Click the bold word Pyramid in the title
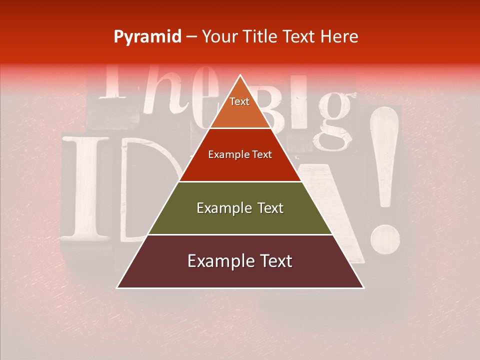click(147, 37)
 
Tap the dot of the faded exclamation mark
click(385, 238)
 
